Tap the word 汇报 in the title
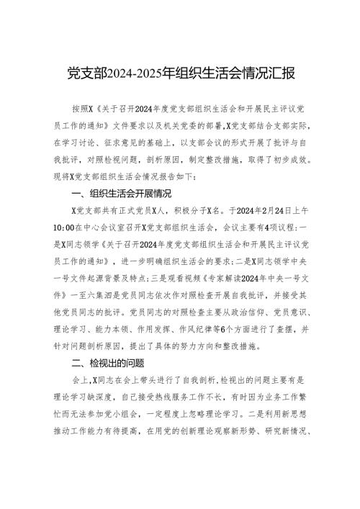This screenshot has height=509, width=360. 276,74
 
